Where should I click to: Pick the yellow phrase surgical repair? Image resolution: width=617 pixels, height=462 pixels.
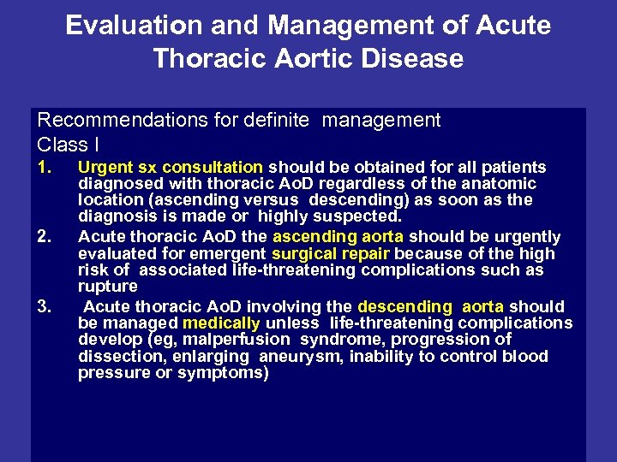tap(331, 254)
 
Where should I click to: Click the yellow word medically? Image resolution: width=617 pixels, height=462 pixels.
tap(221, 323)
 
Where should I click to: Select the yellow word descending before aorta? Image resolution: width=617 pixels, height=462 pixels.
tap(404, 306)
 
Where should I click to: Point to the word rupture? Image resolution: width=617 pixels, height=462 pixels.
tap(107, 287)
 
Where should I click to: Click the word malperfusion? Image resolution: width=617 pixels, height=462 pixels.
tap(222, 340)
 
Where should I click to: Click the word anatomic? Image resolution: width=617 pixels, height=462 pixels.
tap(503, 184)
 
